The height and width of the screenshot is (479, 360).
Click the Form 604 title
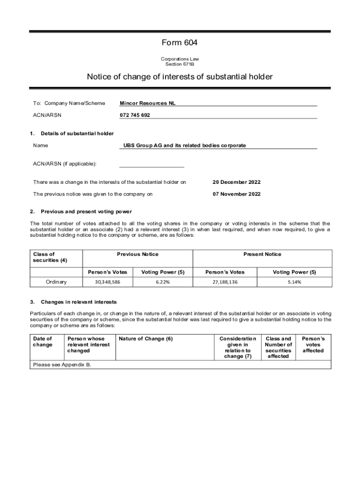tap(180, 43)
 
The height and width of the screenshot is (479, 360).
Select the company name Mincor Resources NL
tap(148, 103)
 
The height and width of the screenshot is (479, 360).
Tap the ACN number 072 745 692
tap(135, 115)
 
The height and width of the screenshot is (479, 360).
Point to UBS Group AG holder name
tap(185, 145)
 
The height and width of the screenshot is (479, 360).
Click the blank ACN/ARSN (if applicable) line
tap(151, 164)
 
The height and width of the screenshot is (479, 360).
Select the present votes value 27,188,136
tap(224, 282)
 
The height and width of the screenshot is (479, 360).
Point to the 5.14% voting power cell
tap(295, 282)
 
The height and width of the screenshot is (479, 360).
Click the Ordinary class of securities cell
tap(56, 282)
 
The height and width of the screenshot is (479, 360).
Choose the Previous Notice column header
tap(137, 254)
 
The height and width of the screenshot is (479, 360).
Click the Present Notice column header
tap(262, 254)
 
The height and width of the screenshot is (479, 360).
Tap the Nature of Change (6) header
tap(146, 339)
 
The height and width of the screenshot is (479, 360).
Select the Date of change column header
tap(42, 341)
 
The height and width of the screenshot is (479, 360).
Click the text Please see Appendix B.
tap(61, 364)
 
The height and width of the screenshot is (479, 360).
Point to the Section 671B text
tap(180, 64)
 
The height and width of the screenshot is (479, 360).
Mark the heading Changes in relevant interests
tap(79, 302)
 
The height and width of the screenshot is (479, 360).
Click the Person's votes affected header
tap(313, 344)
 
